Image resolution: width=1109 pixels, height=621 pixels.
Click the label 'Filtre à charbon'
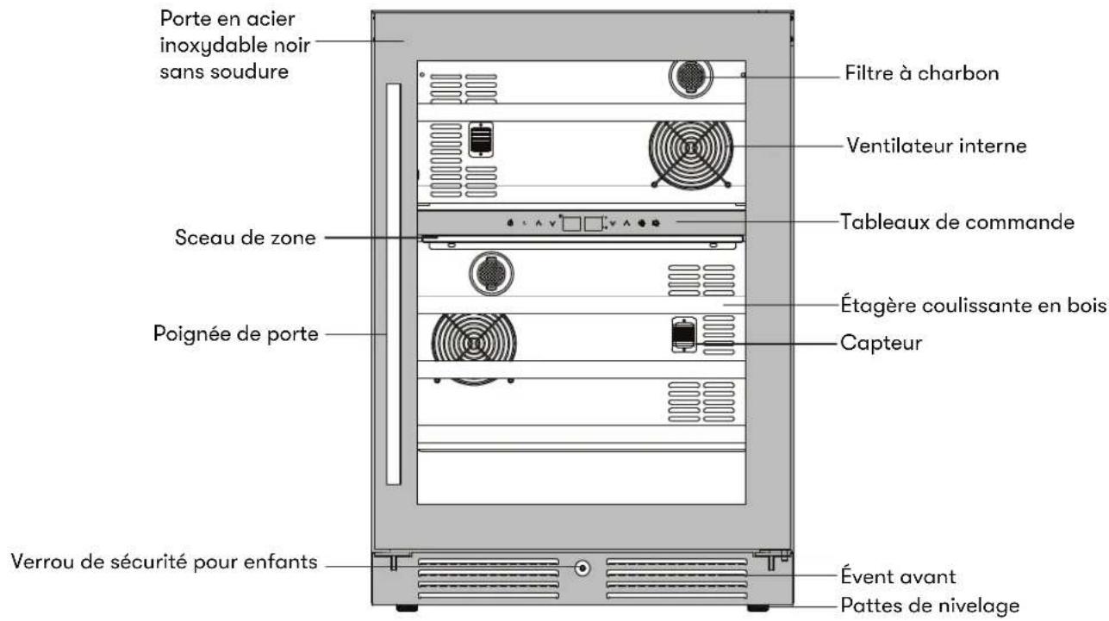(x=921, y=73)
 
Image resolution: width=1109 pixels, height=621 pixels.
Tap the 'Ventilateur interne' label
(x=936, y=146)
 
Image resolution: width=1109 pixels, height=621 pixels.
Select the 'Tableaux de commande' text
(x=957, y=221)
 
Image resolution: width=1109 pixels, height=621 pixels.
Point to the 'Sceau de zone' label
(x=245, y=238)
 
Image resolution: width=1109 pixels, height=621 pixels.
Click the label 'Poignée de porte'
(x=235, y=334)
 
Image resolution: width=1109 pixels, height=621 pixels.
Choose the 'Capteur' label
(x=882, y=343)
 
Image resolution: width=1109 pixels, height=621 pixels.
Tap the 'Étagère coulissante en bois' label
(x=974, y=304)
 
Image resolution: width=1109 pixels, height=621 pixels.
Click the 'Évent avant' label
(x=898, y=576)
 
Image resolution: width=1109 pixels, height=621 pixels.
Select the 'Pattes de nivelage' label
(x=930, y=605)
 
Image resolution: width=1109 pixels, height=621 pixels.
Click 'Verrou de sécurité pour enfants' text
(x=164, y=562)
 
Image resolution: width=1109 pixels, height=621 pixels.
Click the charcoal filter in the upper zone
(x=691, y=77)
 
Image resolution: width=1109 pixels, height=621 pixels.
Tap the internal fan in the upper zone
(x=691, y=154)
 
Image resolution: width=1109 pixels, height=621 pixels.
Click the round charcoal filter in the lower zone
(x=491, y=273)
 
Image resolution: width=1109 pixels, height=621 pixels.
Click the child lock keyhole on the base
(x=583, y=568)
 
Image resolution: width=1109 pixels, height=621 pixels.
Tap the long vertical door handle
(x=394, y=284)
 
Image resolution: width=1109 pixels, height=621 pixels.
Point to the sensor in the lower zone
(x=683, y=335)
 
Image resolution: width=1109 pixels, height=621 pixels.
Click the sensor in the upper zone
(x=481, y=140)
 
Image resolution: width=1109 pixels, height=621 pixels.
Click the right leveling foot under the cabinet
(x=758, y=608)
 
